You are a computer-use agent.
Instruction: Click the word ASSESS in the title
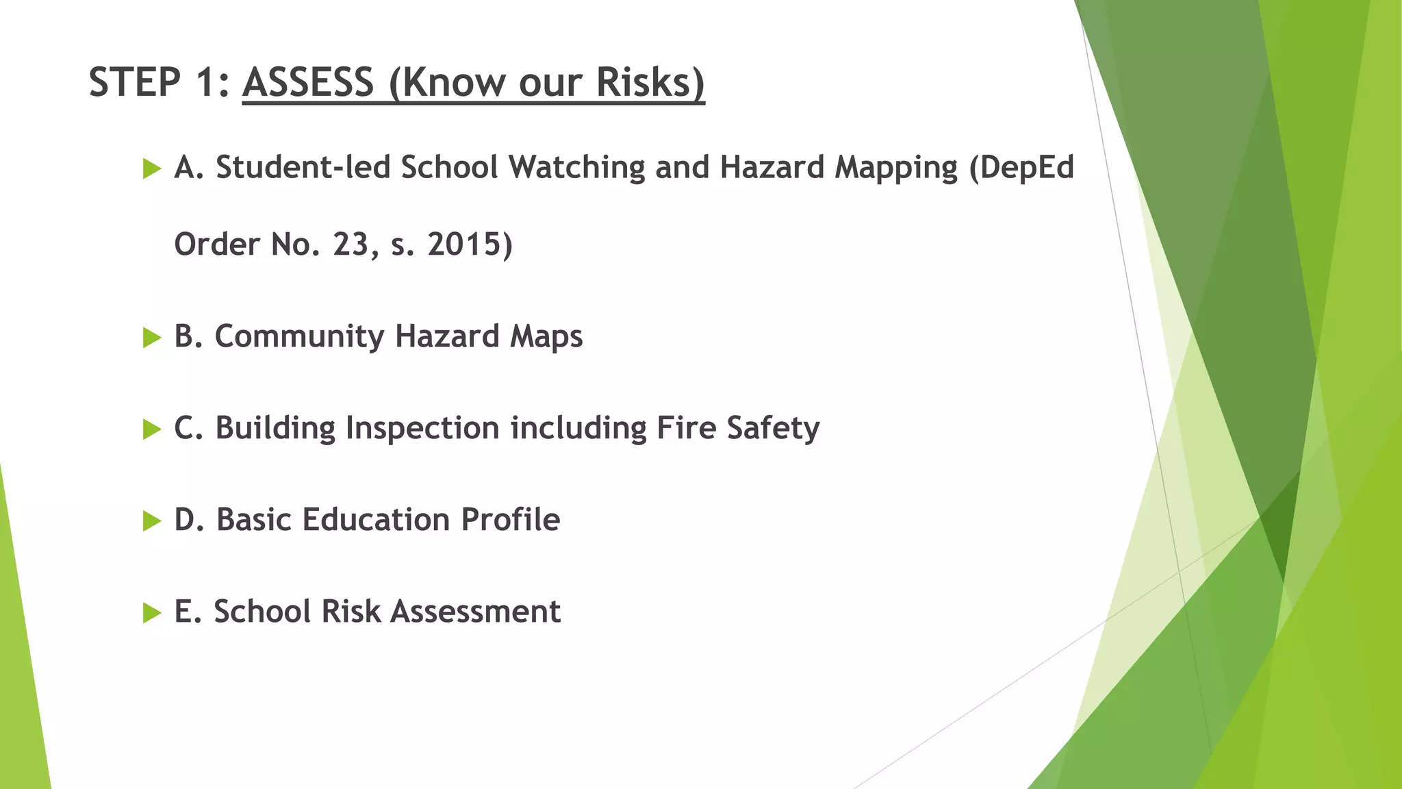(x=308, y=82)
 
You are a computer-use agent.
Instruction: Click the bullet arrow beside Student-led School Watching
(x=151, y=168)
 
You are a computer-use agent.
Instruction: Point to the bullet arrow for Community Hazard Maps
(x=151, y=337)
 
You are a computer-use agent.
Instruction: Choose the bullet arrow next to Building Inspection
(x=151, y=429)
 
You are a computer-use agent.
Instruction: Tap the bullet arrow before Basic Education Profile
(x=151, y=521)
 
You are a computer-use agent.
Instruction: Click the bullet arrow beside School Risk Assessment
(x=151, y=613)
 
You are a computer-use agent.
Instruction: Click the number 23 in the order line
(x=351, y=245)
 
